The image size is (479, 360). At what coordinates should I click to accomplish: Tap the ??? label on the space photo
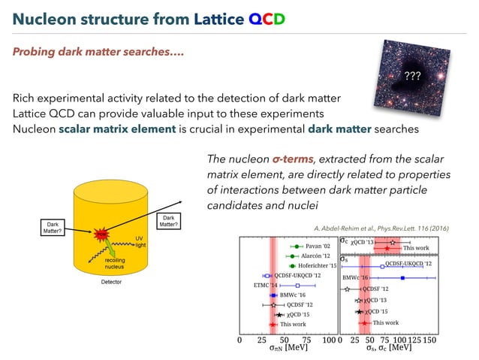[x=412, y=76]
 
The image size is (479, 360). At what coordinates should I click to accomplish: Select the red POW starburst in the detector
[x=100, y=234]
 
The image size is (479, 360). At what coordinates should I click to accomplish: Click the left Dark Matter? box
[x=53, y=228]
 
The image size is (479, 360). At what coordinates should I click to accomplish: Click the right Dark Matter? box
[x=167, y=221]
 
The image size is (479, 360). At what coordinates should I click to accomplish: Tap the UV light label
[x=139, y=241]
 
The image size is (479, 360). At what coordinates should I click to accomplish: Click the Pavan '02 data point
[x=298, y=246]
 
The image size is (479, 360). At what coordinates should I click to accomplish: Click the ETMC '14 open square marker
[x=298, y=286]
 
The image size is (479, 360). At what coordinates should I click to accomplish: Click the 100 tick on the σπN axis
[x=328, y=340]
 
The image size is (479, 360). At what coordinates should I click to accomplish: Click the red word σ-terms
[x=294, y=159]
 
